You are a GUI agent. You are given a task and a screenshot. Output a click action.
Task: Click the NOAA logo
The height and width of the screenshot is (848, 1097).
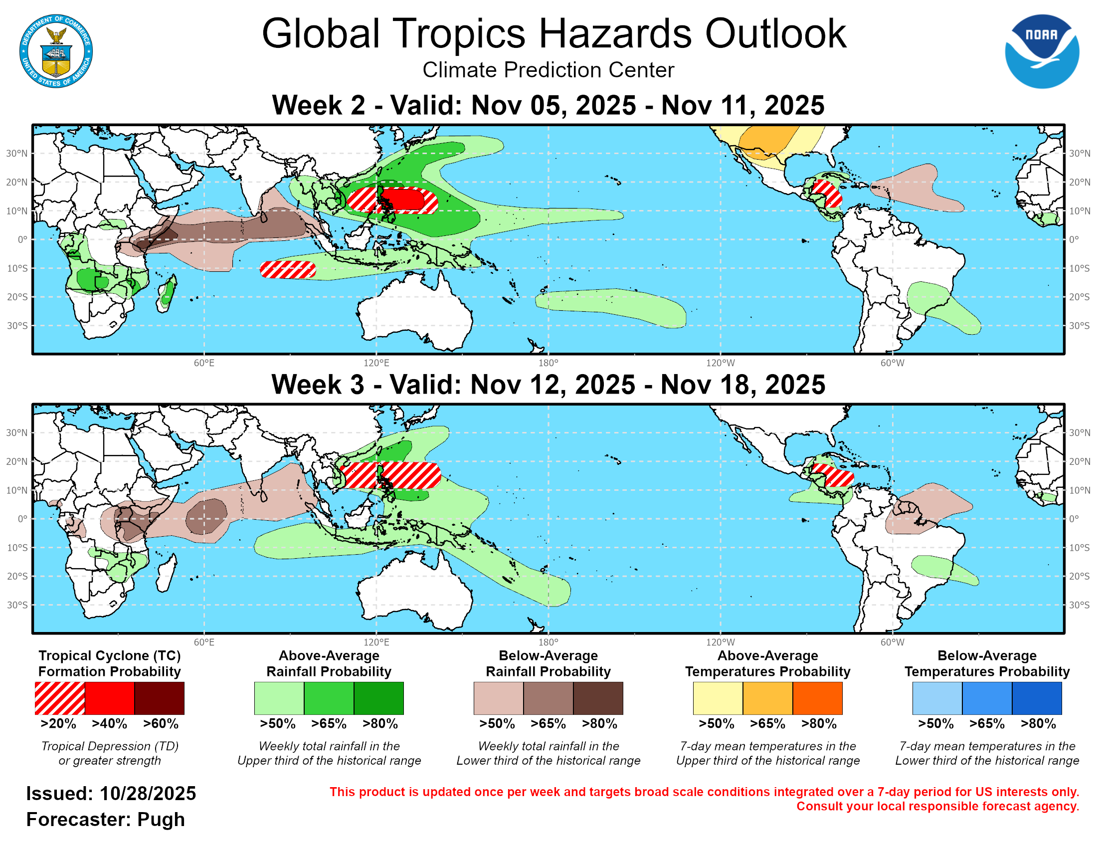click(x=1041, y=51)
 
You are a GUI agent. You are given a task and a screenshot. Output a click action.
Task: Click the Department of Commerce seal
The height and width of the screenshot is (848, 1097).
click(x=56, y=51)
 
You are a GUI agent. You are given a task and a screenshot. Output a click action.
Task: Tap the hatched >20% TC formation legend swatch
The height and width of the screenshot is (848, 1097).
click(x=60, y=698)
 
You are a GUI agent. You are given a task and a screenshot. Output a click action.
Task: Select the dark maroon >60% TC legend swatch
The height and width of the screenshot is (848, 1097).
click(x=159, y=698)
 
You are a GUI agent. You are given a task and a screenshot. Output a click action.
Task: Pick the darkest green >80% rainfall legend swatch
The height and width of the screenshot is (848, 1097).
click(x=379, y=698)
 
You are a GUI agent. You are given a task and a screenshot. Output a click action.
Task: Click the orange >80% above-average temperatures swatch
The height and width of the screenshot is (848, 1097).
click(x=817, y=698)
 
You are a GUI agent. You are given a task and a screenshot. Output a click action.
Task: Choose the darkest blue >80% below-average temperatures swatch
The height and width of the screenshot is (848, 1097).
click(x=1037, y=698)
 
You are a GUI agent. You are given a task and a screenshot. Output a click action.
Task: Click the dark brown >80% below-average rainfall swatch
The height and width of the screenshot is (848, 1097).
click(x=598, y=698)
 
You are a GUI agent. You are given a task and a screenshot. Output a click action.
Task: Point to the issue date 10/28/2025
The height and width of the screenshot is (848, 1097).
click(x=148, y=794)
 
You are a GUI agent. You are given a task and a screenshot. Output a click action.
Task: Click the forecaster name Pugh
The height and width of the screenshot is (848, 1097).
click(x=161, y=820)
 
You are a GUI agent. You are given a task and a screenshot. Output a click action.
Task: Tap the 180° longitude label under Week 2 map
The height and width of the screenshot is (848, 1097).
click(x=548, y=363)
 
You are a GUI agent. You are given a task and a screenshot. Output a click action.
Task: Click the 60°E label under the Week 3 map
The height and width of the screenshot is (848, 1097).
click(x=204, y=642)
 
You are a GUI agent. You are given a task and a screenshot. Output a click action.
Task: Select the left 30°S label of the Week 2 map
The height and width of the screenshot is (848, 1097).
click(x=17, y=326)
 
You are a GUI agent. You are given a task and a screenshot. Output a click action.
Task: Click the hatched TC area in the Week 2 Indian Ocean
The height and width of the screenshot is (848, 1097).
click(x=287, y=270)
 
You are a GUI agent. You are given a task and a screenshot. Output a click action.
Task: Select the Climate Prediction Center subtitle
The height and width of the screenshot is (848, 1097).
click(x=548, y=70)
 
